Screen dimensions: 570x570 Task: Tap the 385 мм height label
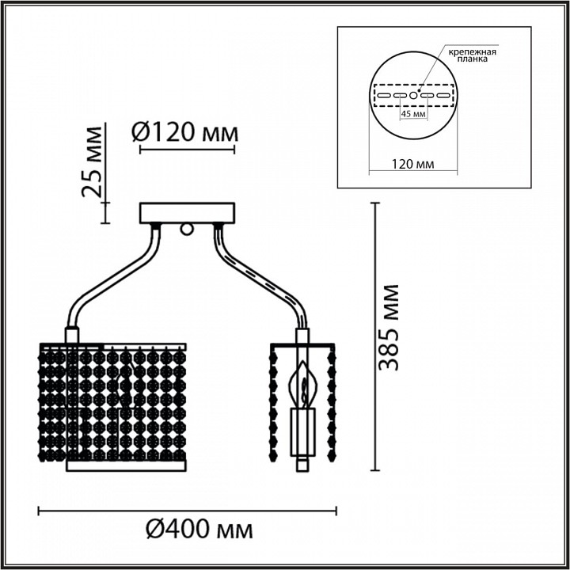tap(389, 326)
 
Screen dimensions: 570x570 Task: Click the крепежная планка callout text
tap(473, 55)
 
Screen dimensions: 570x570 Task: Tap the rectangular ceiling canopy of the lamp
tap(187, 213)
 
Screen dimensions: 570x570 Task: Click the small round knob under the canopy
tap(188, 230)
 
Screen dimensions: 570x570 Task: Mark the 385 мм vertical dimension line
tap(374, 336)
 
